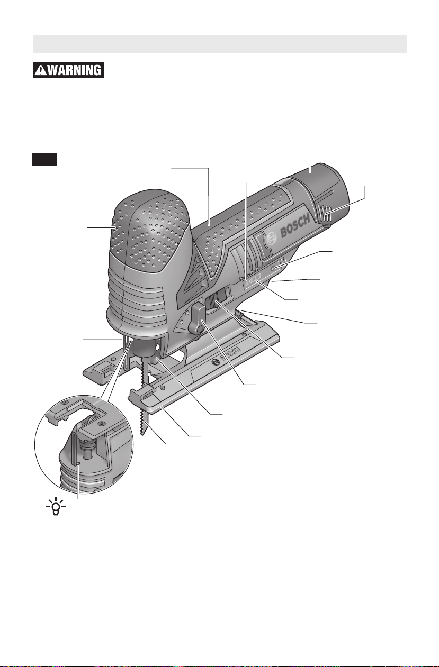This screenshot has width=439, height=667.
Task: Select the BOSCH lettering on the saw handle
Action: [295, 226]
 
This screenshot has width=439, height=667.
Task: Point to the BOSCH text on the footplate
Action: [230, 354]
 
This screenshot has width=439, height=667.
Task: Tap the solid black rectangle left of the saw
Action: [44, 160]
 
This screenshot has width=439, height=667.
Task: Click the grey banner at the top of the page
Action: [220, 44]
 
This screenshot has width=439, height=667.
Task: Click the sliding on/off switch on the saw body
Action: [217, 301]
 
